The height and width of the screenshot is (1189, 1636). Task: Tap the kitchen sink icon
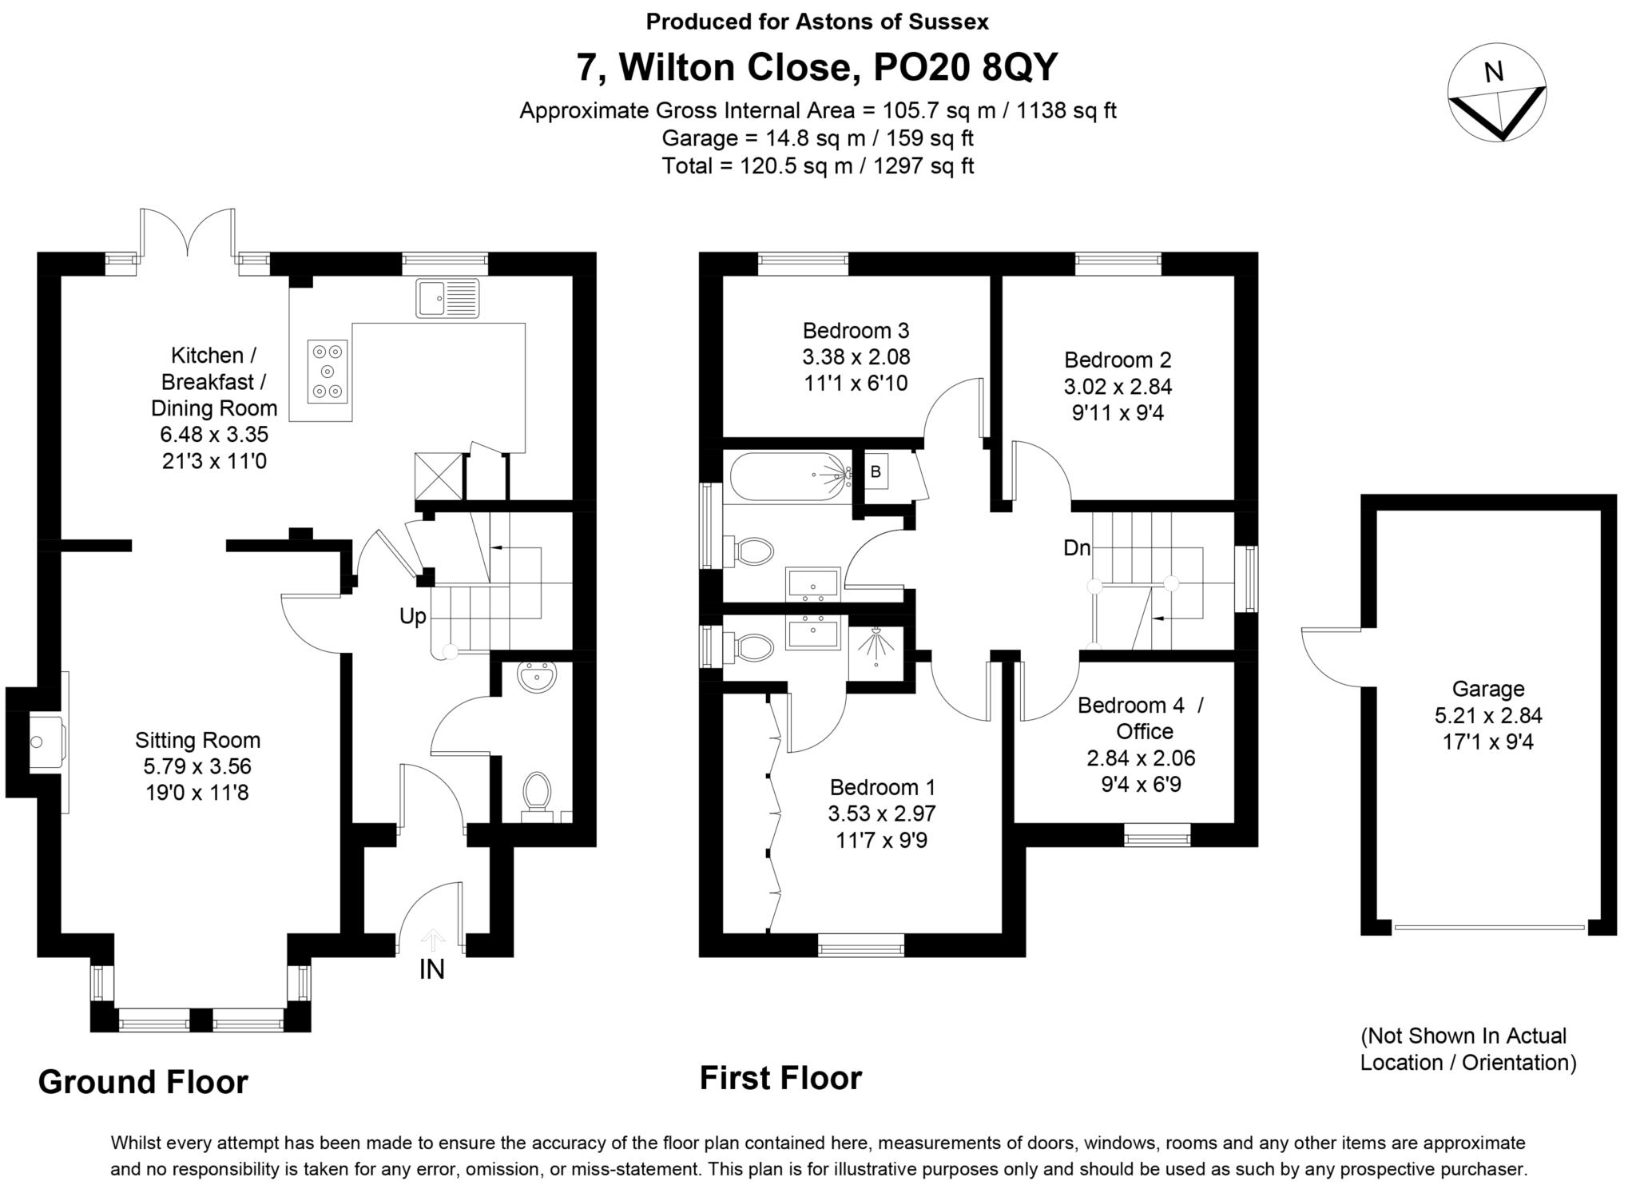tap(447, 298)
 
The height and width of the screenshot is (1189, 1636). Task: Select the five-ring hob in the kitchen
tap(328, 371)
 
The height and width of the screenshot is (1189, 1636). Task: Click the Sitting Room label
tap(197, 740)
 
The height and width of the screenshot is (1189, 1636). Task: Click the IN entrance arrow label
tap(431, 969)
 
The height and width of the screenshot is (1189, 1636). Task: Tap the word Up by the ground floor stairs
tap(413, 616)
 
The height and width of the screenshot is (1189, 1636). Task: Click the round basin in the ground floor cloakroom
tap(536, 679)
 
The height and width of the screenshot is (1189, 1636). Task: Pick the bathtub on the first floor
tap(788, 477)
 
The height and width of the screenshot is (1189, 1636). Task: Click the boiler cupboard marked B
tap(876, 471)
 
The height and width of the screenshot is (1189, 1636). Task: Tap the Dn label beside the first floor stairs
tap(1076, 548)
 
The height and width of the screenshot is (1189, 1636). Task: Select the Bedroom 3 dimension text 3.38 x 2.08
tap(856, 356)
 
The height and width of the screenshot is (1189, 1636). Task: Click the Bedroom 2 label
tap(1117, 360)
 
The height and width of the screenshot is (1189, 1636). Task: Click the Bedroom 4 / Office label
tap(1140, 718)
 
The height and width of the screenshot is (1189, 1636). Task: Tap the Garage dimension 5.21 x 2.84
tap(1487, 715)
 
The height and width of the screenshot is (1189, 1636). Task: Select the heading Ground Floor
tap(143, 1082)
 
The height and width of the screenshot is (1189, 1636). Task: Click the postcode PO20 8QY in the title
tap(965, 67)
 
